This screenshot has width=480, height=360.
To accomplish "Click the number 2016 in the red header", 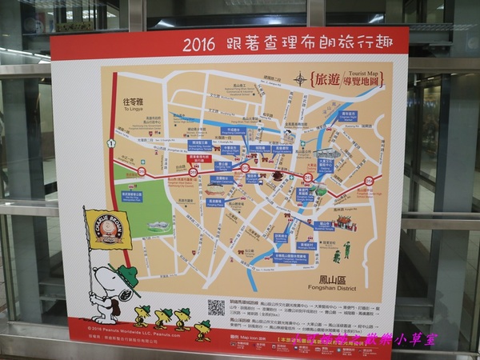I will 198,45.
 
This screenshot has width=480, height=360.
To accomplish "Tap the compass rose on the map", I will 300,78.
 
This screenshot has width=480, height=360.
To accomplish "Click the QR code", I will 216,307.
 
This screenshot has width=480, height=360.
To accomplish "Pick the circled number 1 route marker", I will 111,143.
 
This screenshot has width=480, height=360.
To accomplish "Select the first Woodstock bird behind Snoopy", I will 142,314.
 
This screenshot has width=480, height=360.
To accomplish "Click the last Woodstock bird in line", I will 203,329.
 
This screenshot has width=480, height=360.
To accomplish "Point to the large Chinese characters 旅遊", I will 327,79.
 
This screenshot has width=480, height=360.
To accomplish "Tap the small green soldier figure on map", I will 346,250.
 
